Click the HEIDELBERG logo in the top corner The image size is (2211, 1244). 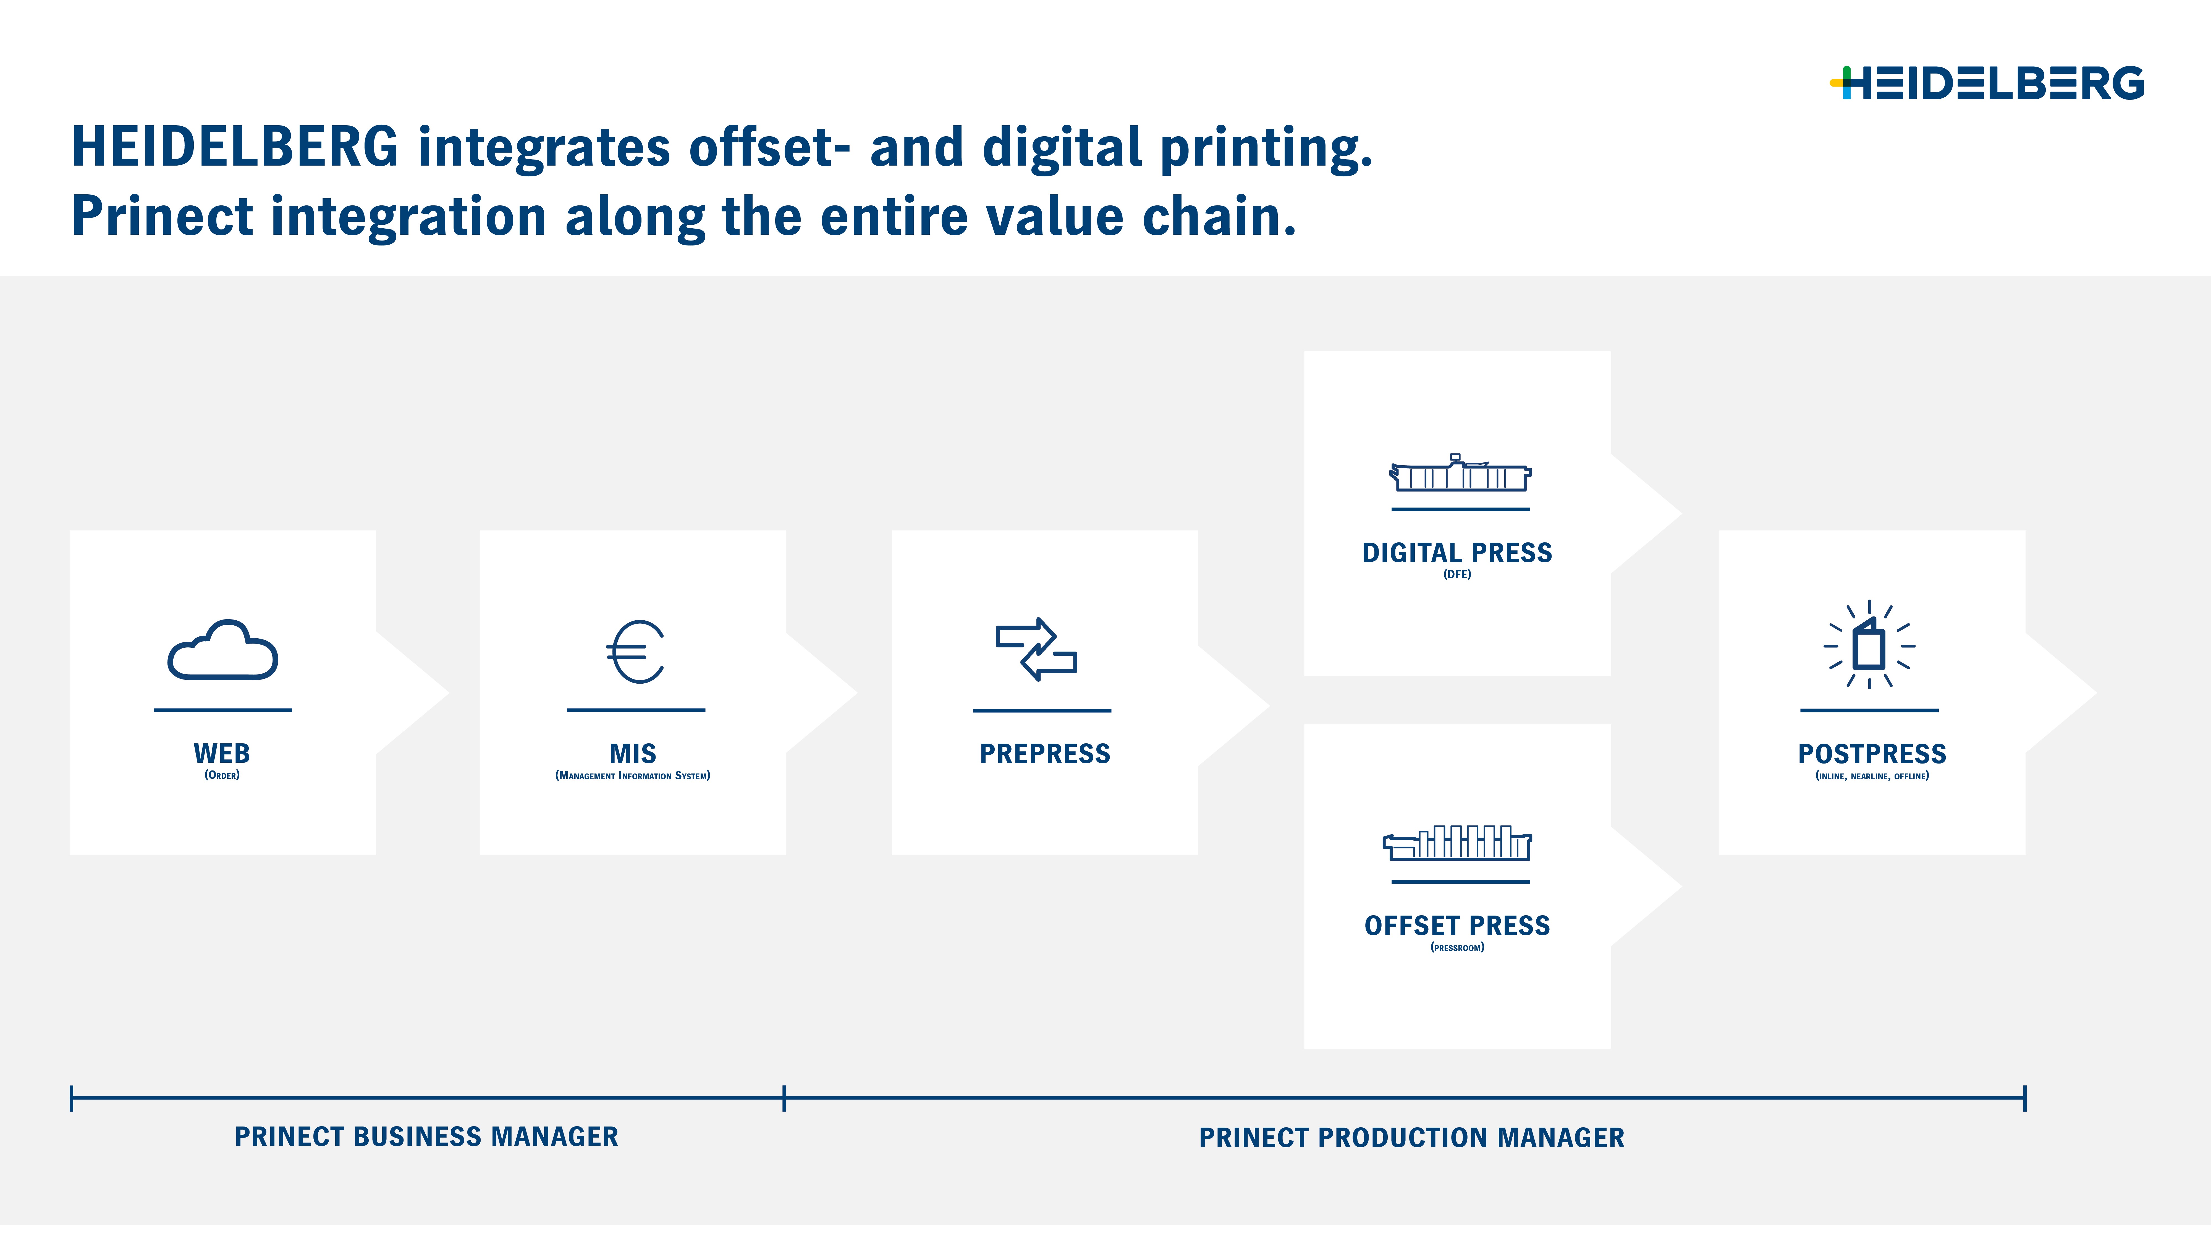click(x=1986, y=83)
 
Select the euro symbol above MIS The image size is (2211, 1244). click(x=636, y=652)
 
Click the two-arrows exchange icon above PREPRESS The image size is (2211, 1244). click(x=1036, y=649)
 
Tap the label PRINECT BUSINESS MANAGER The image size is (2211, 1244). click(x=426, y=1137)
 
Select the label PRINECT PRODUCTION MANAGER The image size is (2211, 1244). click(x=1412, y=1138)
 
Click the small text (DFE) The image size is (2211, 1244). click(x=1457, y=574)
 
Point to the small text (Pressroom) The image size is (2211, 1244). click(x=1457, y=948)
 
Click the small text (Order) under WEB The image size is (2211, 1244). click(x=222, y=775)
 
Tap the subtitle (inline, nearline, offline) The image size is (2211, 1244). click(x=1872, y=776)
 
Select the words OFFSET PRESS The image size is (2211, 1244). click(x=1457, y=926)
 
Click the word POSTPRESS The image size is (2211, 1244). click(x=1872, y=754)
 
